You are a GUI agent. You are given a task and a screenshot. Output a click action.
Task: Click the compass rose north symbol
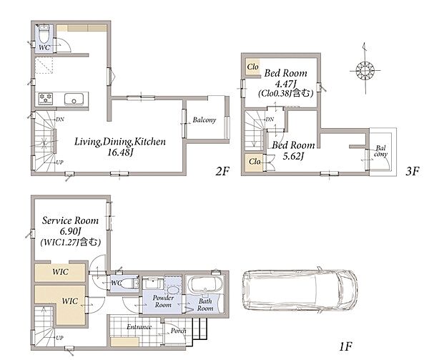point(365,70)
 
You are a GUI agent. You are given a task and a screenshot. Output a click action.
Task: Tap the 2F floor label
point(222,171)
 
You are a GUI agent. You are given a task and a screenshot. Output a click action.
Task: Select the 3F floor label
point(413,171)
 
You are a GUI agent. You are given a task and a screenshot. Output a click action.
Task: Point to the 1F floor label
point(345,346)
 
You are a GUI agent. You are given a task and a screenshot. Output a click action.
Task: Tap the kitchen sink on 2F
point(74,99)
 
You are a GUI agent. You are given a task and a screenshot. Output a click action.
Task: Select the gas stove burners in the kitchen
point(46,99)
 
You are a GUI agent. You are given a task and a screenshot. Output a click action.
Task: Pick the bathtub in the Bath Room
point(205,284)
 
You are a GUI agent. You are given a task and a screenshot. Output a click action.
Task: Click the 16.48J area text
point(120,152)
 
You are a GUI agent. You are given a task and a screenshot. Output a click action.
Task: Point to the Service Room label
point(70,220)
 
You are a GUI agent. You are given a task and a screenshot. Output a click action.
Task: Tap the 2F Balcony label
point(204,120)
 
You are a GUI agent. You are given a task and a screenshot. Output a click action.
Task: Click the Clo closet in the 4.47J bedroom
point(252,67)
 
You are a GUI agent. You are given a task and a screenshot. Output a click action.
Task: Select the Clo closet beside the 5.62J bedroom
point(254,162)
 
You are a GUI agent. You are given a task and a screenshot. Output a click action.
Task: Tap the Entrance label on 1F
point(139,327)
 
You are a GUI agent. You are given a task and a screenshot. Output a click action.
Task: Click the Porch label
point(178,331)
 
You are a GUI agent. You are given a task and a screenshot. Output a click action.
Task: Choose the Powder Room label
point(163,301)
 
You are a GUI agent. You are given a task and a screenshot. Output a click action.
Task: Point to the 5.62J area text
point(293,156)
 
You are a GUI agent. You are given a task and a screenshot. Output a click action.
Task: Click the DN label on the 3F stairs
point(270,119)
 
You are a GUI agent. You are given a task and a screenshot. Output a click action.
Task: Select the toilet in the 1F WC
point(129,283)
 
